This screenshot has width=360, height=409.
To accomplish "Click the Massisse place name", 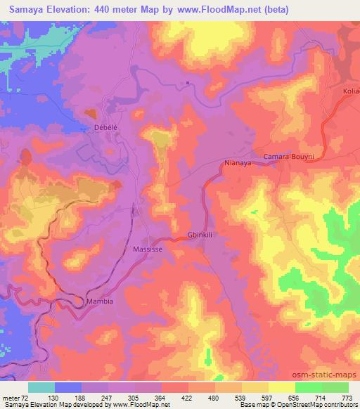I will [149, 249].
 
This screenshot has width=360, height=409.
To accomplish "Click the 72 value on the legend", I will [27, 398].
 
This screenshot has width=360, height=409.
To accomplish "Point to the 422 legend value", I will [188, 398].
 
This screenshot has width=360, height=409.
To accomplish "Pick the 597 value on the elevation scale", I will [268, 398].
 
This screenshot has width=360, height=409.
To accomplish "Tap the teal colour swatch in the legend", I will [41, 387].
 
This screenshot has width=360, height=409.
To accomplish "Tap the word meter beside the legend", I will [11, 398].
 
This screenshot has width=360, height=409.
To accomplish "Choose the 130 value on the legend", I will [54, 398].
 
